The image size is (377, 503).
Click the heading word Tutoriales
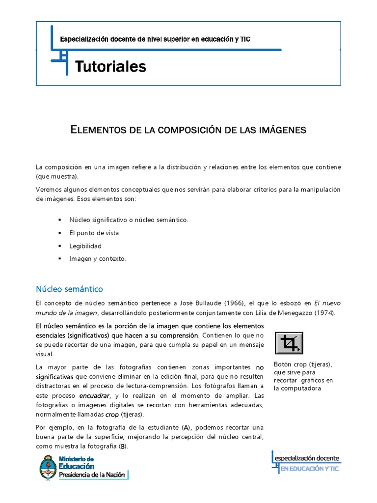110,66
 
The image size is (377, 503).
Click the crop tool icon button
289,343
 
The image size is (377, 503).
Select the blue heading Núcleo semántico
69,289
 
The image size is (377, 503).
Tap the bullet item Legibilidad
85,246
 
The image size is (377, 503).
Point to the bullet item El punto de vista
94,233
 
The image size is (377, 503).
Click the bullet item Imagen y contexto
98,258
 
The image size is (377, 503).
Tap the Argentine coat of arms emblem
48,467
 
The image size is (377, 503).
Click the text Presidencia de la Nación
93,475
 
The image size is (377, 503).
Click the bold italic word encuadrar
95,395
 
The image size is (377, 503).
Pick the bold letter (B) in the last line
123,446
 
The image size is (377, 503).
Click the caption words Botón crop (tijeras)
303,364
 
